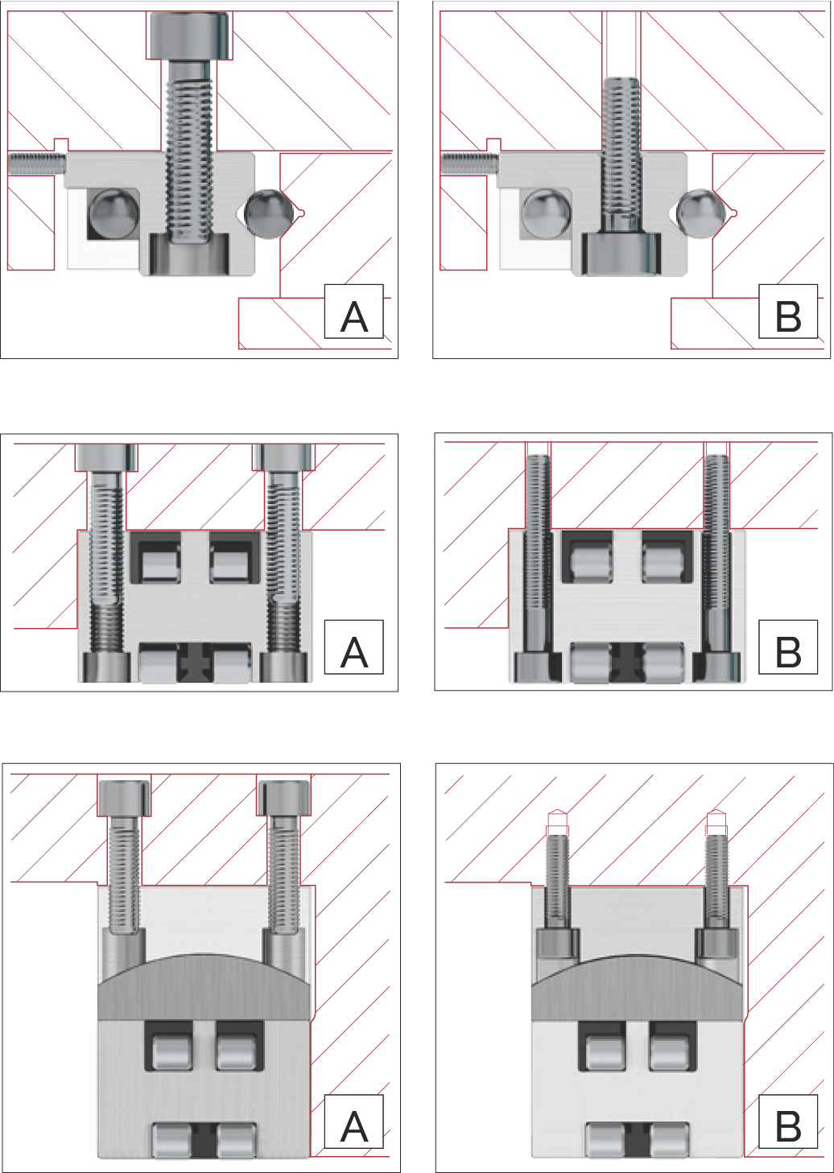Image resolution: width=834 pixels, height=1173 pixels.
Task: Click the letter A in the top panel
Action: click(x=353, y=316)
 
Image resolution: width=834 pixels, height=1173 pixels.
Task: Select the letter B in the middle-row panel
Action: click(x=787, y=651)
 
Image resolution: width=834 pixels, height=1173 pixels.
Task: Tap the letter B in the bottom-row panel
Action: click(x=787, y=1126)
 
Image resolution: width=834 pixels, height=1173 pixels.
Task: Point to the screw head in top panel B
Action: click(x=621, y=254)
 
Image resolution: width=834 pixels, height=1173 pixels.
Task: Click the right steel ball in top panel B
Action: click(x=698, y=214)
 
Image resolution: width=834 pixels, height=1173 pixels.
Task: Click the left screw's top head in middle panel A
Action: click(x=106, y=457)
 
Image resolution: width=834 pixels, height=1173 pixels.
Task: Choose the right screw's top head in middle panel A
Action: click(x=283, y=457)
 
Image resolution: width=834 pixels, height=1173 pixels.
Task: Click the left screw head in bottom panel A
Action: click(x=123, y=798)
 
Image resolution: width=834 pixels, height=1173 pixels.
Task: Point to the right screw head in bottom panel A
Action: click(x=283, y=798)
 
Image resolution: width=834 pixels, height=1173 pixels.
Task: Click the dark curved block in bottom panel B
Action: click(x=637, y=990)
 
